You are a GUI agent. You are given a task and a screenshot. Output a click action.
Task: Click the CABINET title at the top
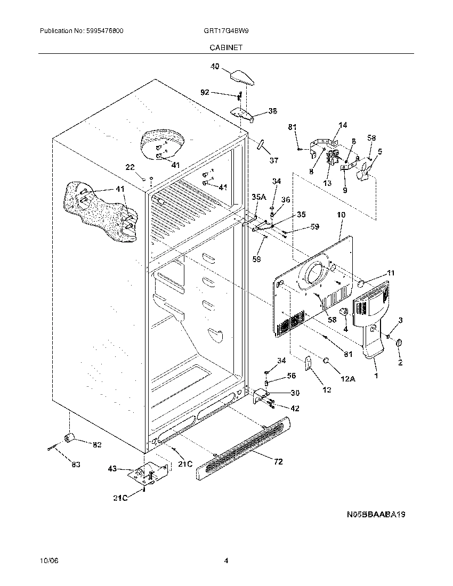(226, 47)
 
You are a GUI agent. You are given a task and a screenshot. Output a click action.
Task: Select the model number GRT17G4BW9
(226, 31)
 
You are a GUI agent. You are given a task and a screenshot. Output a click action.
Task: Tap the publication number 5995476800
(104, 31)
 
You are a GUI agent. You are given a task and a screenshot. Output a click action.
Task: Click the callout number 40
(215, 67)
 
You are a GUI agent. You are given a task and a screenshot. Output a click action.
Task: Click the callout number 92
(205, 92)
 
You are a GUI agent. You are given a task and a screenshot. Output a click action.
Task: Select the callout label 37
(273, 160)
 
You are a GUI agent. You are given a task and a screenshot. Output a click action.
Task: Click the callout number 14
(342, 125)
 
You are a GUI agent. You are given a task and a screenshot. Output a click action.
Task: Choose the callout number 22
(130, 167)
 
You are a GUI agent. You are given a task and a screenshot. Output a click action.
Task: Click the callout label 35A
(258, 197)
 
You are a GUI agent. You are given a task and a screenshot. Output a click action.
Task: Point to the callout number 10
(341, 215)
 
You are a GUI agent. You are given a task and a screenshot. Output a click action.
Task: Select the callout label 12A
(347, 379)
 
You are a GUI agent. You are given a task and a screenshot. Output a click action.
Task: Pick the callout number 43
(112, 469)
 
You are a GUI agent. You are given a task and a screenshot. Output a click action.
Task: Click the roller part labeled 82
(70, 437)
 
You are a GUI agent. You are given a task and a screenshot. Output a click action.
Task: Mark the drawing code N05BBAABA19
(376, 515)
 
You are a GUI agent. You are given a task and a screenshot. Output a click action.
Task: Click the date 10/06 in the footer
(48, 561)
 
